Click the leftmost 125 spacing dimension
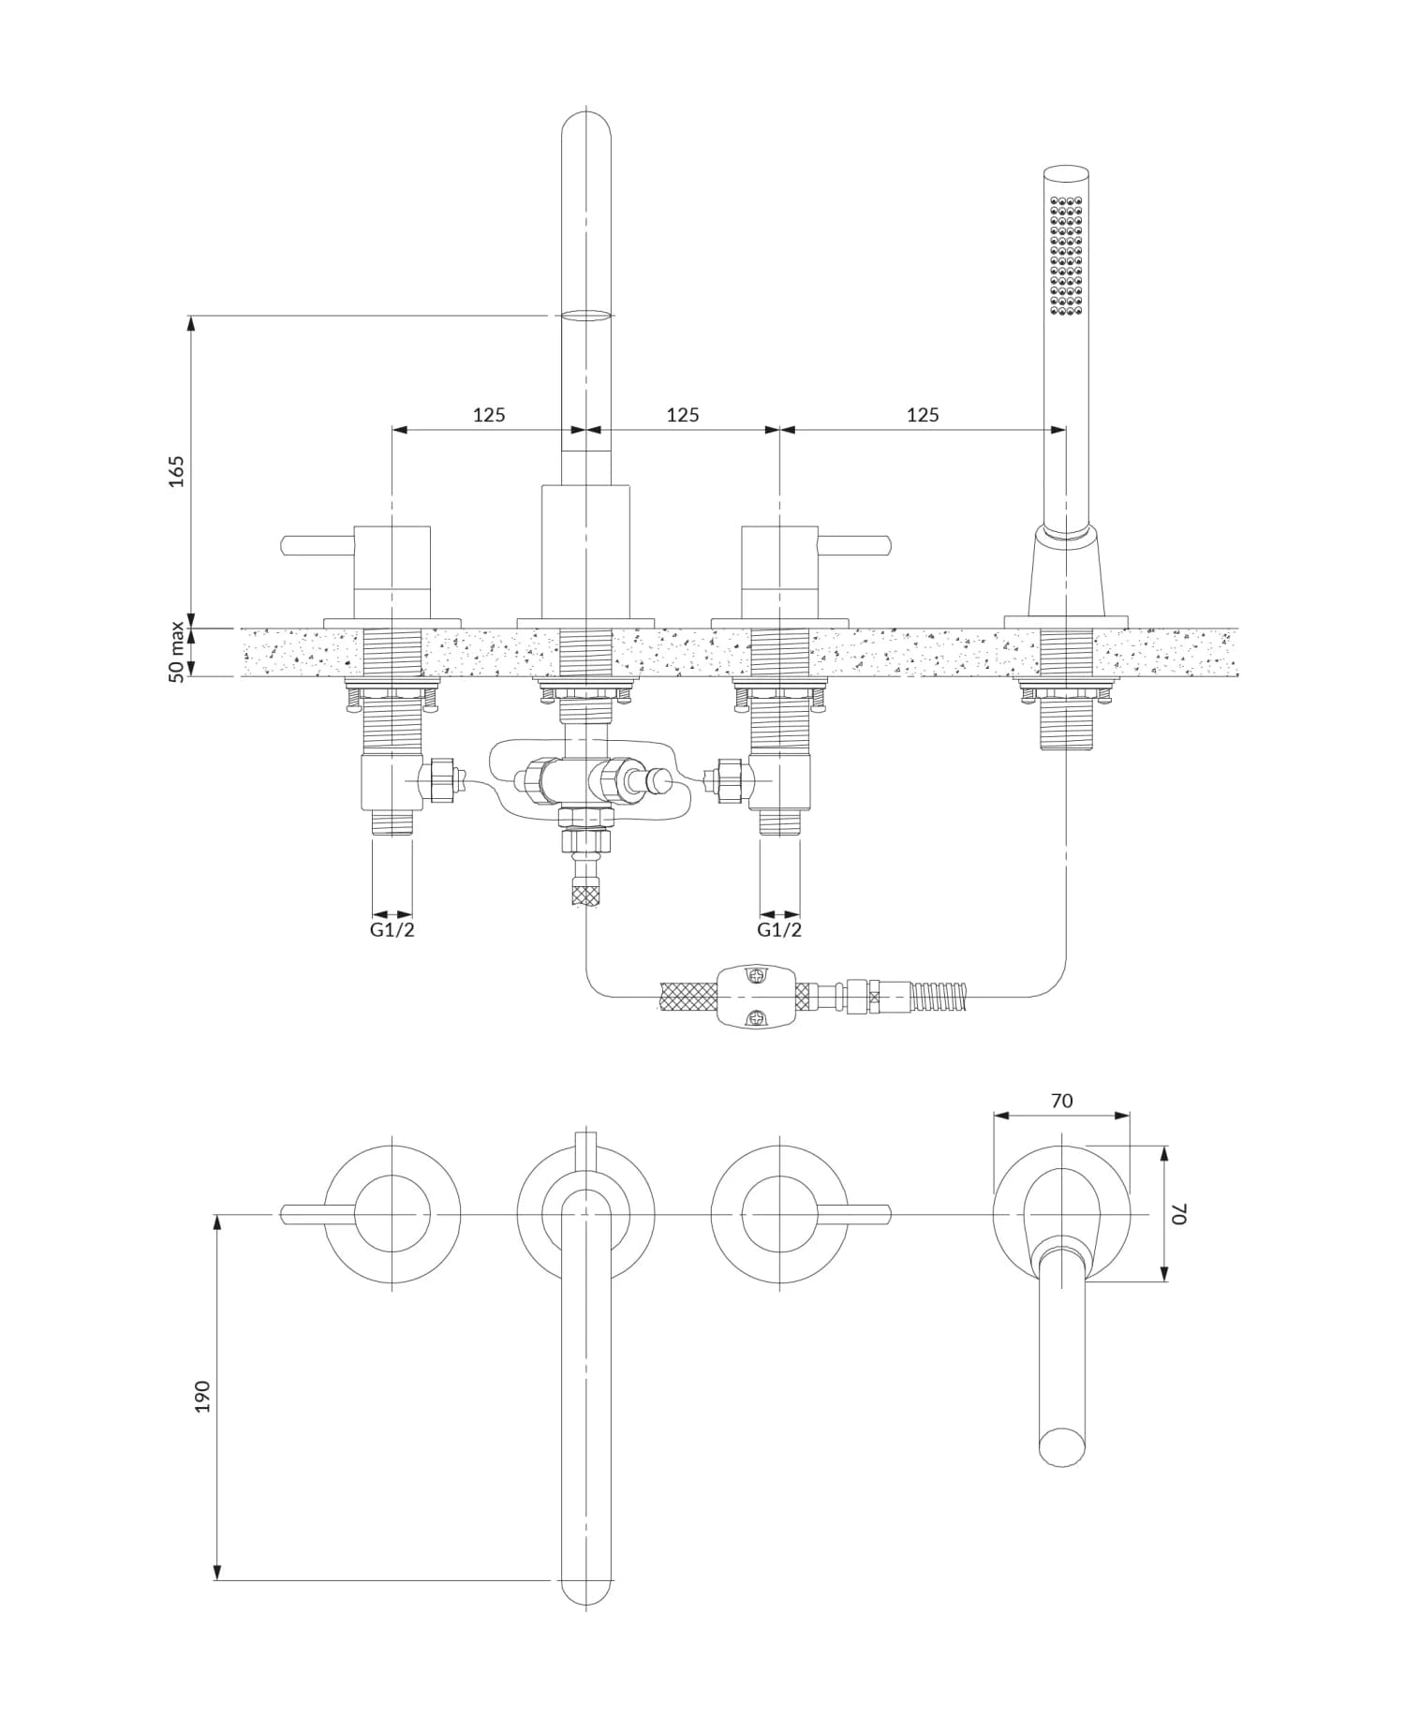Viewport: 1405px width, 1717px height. click(488, 414)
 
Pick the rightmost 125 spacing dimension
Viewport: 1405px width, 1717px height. click(923, 414)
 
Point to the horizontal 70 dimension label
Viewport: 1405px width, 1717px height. click(1061, 1101)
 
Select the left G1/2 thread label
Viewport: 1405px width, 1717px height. click(392, 930)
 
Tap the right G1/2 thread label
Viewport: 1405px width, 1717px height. click(779, 930)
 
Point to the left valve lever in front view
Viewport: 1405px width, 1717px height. click(317, 545)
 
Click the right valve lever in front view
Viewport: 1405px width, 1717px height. click(855, 545)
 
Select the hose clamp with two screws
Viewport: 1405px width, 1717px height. click(756, 997)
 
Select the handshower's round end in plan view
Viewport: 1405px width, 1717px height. click(1062, 1445)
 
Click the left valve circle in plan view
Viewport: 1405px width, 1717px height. click(393, 1215)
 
